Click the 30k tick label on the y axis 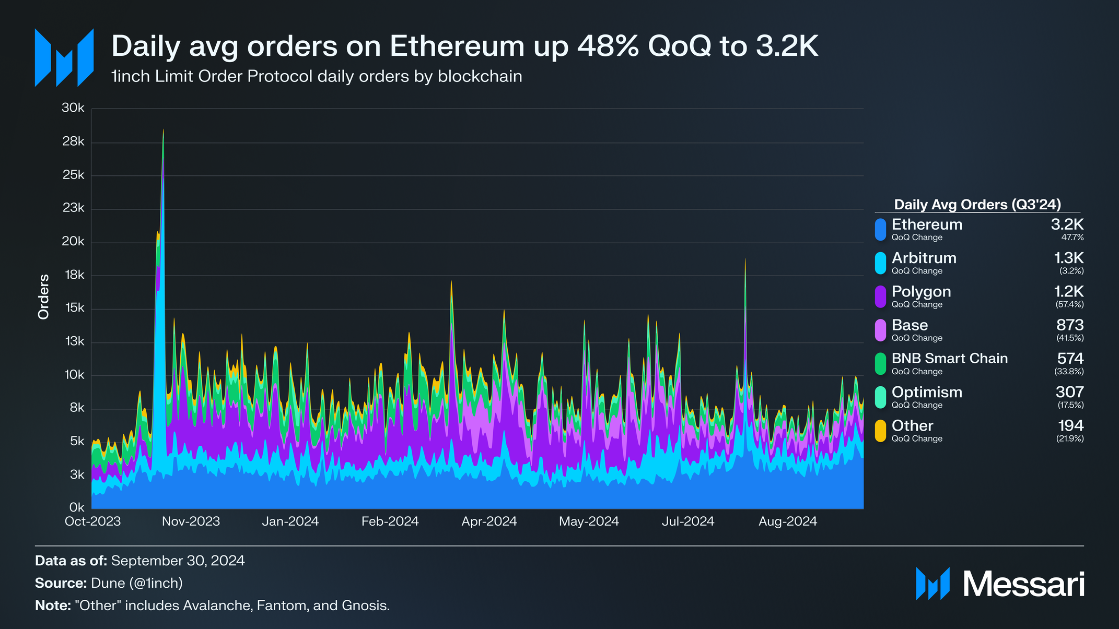click(x=73, y=108)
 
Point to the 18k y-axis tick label click(x=74, y=275)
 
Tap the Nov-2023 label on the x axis click(x=191, y=521)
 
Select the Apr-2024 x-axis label click(x=489, y=521)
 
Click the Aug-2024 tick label click(x=787, y=521)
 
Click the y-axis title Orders click(x=44, y=296)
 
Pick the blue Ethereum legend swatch click(x=880, y=230)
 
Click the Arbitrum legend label click(x=924, y=258)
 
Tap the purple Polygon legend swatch click(x=880, y=296)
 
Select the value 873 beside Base click(x=1069, y=325)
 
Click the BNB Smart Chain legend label click(x=949, y=359)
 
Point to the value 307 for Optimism click(x=1069, y=392)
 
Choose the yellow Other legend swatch click(x=880, y=431)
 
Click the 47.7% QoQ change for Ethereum click(x=1072, y=238)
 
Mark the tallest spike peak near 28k click(x=164, y=130)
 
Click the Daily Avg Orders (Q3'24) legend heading click(x=977, y=205)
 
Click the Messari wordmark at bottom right click(x=1023, y=584)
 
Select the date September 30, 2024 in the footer click(x=178, y=561)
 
